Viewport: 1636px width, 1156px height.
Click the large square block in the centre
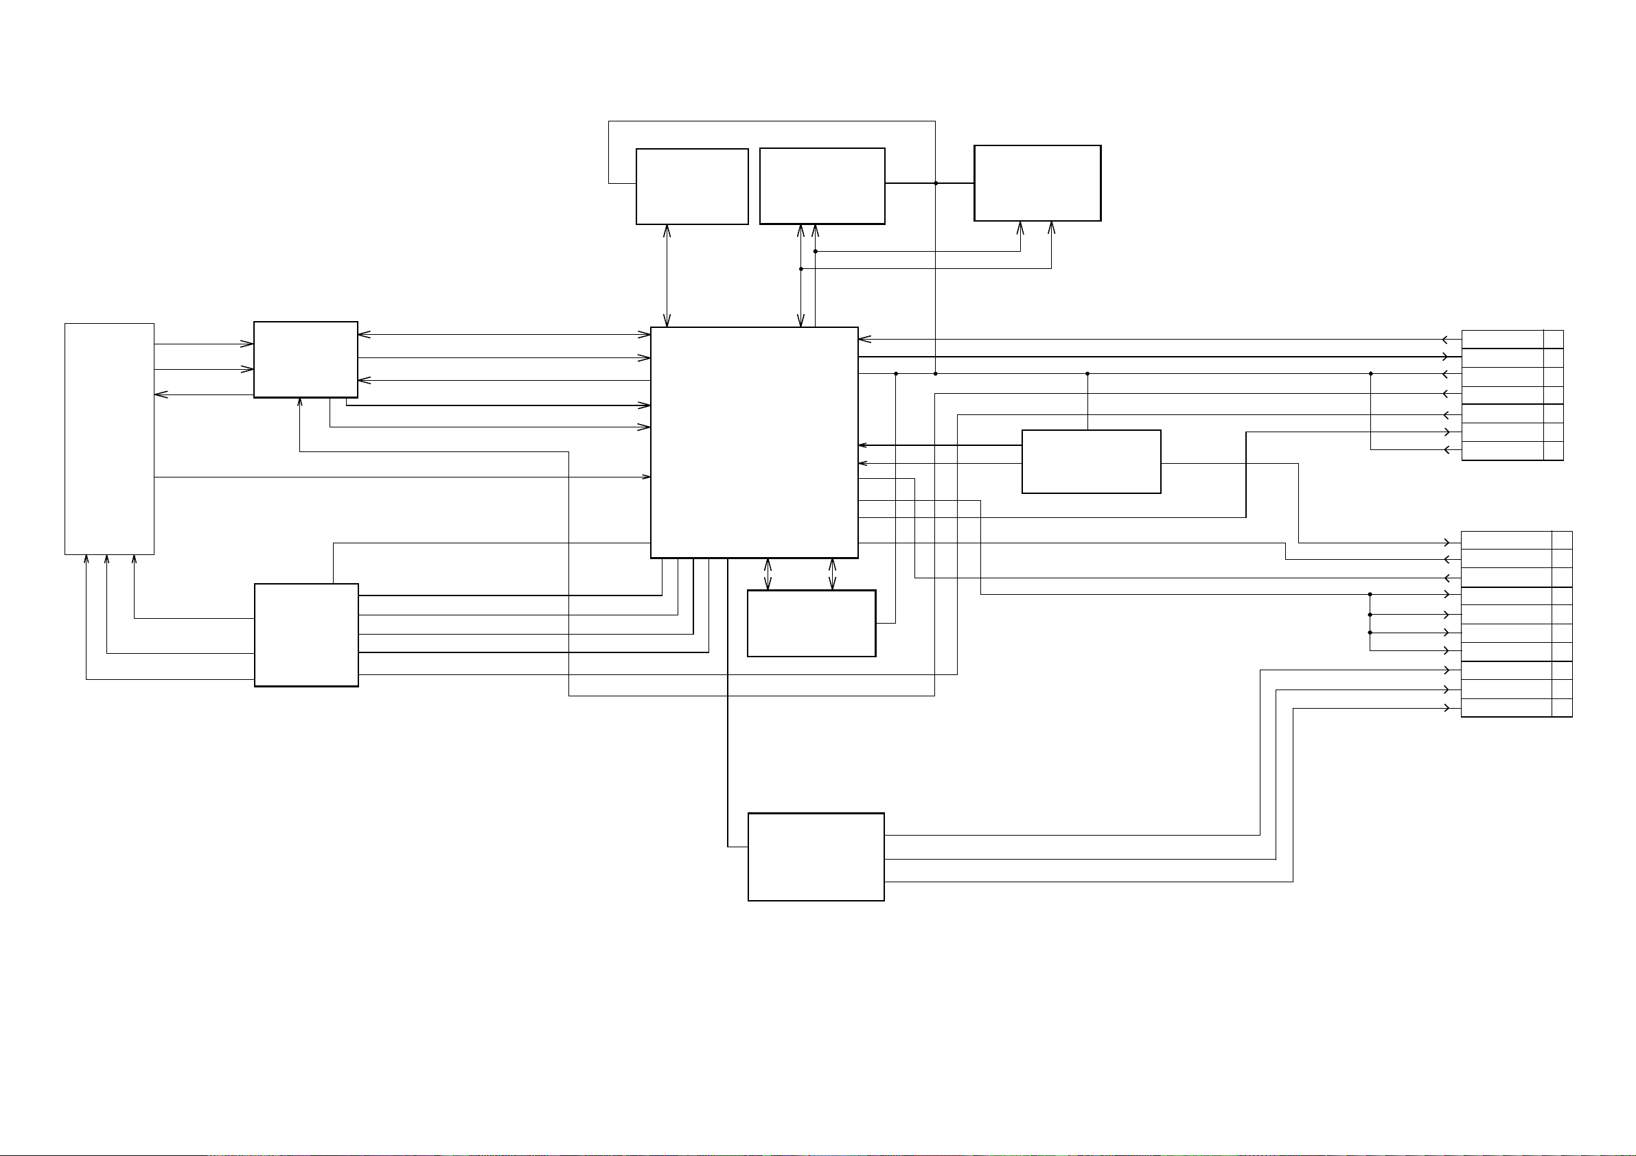pyautogui.click(x=754, y=443)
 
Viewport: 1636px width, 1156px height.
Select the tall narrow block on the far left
pyautogui.click(x=109, y=439)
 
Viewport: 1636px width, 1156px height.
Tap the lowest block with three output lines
pyautogui.click(x=816, y=857)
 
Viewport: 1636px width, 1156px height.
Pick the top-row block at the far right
pyautogui.click(x=1037, y=183)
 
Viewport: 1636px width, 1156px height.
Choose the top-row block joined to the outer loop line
pyautogui.click(x=692, y=187)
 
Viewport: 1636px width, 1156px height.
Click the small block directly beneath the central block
pyautogui.click(x=811, y=623)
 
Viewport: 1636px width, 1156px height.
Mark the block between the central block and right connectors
pyautogui.click(x=1091, y=462)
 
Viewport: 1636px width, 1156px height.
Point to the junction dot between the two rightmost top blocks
pyautogui.click(x=936, y=183)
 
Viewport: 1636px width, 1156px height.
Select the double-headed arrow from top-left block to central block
pyautogui.click(x=667, y=276)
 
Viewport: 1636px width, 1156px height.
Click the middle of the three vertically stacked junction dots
pyautogui.click(x=1370, y=614)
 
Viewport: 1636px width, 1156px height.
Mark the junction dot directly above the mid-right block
pyautogui.click(x=1087, y=373)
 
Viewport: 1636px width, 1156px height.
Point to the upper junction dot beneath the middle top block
pyautogui.click(x=815, y=251)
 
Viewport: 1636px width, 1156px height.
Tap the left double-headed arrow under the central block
pyautogui.click(x=768, y=574)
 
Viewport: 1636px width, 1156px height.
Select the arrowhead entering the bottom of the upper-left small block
pyautogui.click(x=300, y=403)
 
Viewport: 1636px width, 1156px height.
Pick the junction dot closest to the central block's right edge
pyautogui.click(x=896, y=373)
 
